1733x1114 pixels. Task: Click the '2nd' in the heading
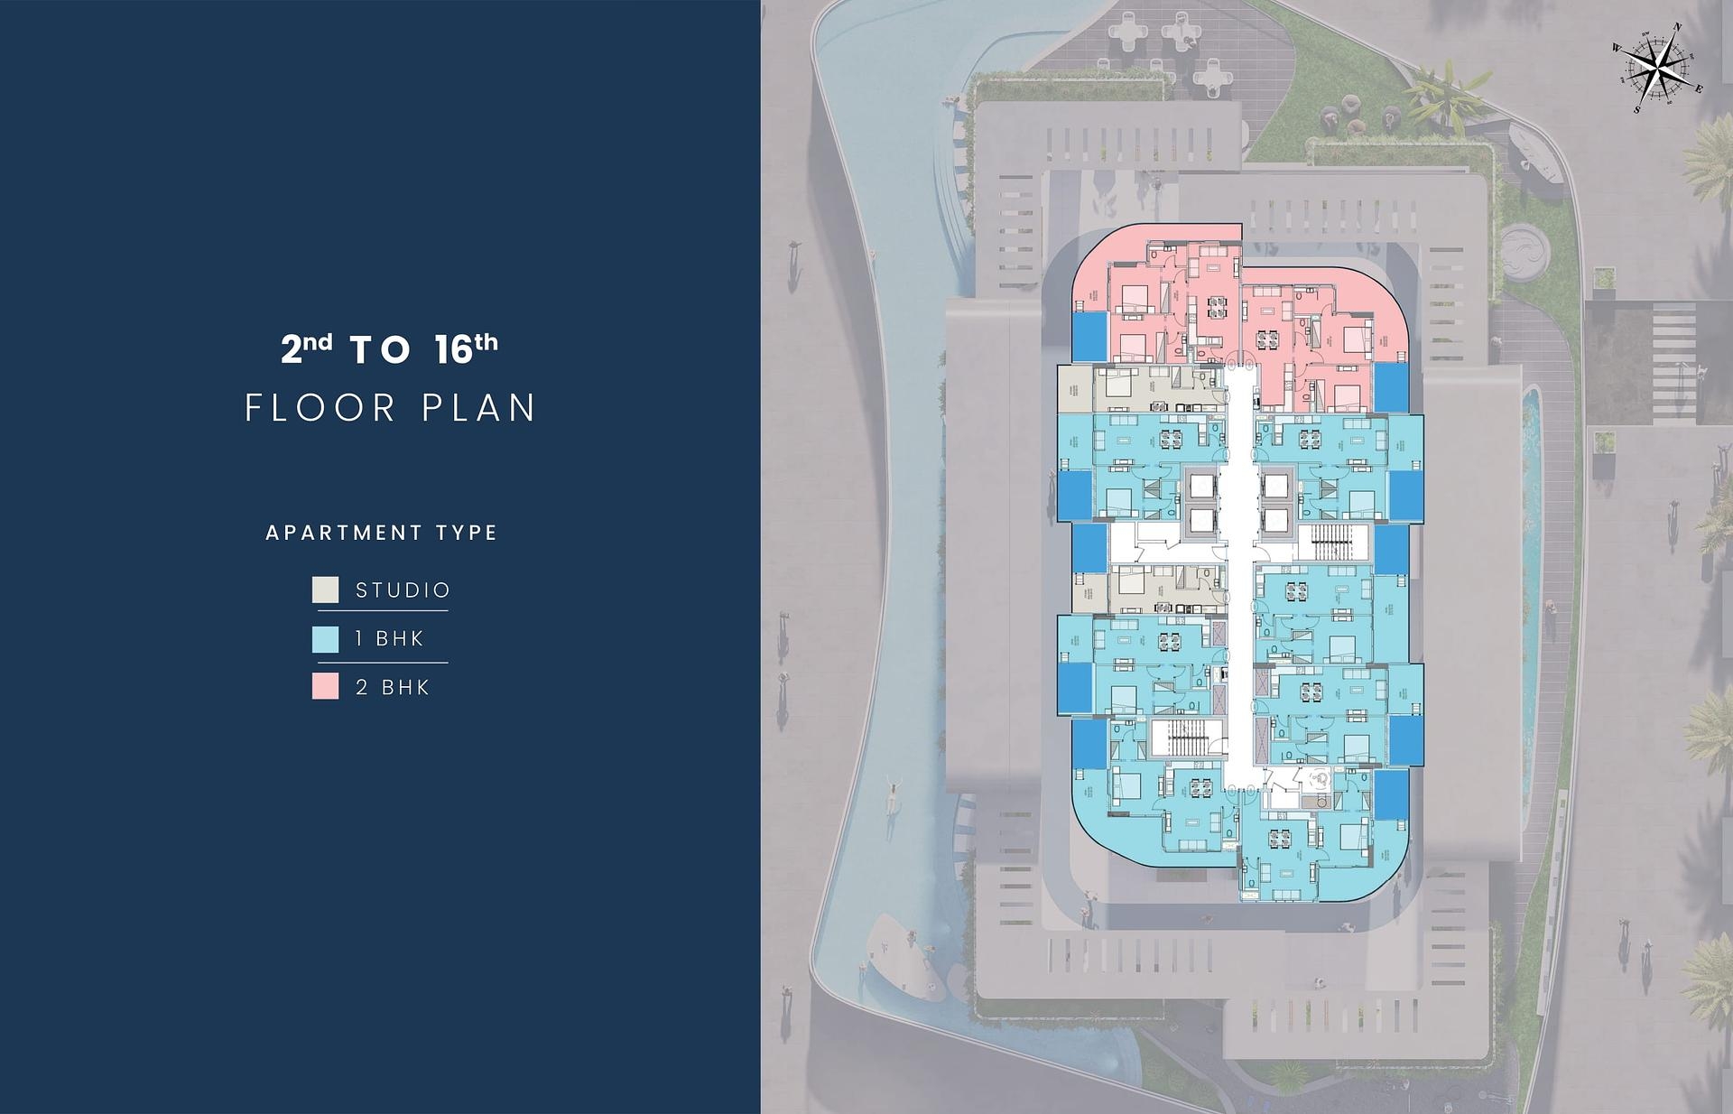(306, 348)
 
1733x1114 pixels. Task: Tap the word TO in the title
(381, 350)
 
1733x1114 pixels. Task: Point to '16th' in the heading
(466, 348)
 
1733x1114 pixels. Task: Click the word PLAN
(479, 408)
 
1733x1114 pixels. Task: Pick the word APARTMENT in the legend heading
(344, 533)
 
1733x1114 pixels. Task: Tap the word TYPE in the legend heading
(467, 533)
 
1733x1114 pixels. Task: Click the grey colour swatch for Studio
(325, 590)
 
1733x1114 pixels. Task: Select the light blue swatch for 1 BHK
(325, 639)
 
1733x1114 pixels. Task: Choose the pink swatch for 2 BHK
(325, 687)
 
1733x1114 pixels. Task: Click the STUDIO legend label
(403, 590)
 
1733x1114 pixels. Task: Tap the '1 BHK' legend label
(389, 639)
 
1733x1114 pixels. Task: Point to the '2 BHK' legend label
(393, 688)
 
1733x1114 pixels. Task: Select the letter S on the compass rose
(1637, 110)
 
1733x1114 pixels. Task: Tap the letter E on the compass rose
(1699, 88)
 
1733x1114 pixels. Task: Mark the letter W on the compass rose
(1617, 48)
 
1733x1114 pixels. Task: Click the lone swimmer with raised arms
(892, 794)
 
